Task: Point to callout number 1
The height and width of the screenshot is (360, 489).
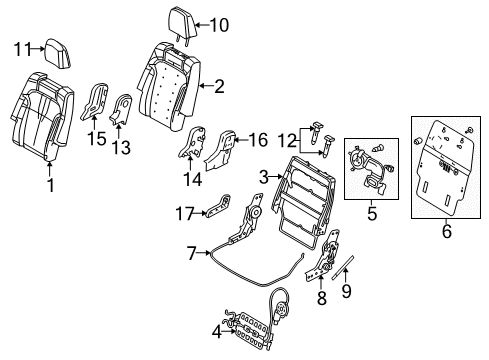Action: [50, 187]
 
